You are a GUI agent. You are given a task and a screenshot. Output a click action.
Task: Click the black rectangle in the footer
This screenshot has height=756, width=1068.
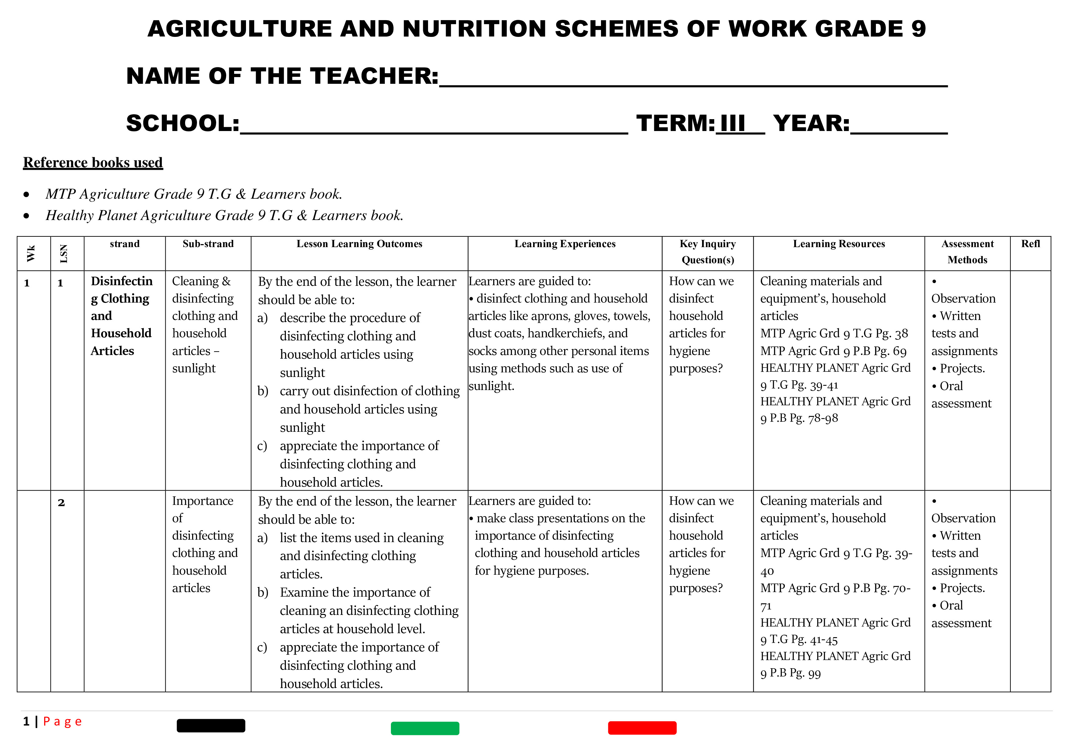(211, 725)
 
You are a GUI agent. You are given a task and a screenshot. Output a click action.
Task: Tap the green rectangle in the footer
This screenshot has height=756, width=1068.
(425, 728)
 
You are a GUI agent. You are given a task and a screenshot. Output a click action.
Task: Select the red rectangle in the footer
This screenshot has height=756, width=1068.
(642, 728)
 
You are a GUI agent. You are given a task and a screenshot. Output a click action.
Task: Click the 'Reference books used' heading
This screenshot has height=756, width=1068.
(93, 162)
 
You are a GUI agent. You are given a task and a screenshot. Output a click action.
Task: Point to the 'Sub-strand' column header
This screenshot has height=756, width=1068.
(208, 244)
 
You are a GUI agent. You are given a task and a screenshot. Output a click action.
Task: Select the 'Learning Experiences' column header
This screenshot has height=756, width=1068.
(565, 244)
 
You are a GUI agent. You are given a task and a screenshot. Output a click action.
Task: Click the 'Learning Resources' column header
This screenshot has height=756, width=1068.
(839, 244)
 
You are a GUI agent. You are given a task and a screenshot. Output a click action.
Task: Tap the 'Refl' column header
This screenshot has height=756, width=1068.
(1030, 244)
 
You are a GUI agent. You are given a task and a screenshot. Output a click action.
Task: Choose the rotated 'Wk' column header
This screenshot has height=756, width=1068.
(31, 254)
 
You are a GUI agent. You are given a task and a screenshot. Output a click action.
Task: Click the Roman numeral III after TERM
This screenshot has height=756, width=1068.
(732, 124)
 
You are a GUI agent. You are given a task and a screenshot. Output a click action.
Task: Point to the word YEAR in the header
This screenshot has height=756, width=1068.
(811, 124)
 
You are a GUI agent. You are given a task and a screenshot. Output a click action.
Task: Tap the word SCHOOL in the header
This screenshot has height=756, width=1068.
(182, 124)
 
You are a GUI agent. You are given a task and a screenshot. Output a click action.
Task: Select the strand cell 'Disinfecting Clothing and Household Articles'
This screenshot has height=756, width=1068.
(121, 316)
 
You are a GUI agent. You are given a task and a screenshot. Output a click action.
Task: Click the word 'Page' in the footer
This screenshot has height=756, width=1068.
(62, 722)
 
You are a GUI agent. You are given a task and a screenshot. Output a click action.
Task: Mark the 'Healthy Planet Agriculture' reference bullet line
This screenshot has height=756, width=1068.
(224, 215)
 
